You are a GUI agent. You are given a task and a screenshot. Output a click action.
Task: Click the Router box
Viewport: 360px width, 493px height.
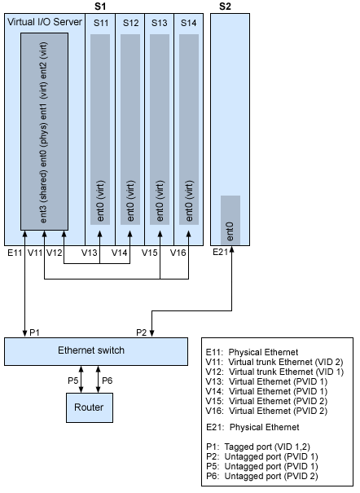coord(88,406)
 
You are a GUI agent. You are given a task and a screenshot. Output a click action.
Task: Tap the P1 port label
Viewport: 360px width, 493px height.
coord(34,332)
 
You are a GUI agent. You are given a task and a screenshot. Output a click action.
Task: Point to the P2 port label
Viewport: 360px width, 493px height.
coord(141,332)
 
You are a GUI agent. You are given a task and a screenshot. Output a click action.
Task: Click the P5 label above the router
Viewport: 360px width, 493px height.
coord(72,379)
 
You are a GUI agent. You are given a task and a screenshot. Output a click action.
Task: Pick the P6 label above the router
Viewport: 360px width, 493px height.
coord(107,379)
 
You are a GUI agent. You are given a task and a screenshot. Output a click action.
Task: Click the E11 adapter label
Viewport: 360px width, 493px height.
coord(15,253)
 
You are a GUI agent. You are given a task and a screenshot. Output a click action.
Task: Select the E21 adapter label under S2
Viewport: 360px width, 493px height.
coord(222,253)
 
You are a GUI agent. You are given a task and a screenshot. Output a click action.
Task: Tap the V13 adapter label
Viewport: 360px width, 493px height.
coord(90,253)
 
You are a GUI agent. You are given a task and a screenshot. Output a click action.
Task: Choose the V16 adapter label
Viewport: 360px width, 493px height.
coord(179,253)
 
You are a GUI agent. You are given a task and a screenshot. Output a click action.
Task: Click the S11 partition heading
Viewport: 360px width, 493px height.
coord(100,23)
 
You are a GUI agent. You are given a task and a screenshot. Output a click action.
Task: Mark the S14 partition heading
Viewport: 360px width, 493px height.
coord(188,23)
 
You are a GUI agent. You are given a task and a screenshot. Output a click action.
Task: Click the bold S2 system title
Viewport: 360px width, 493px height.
coord(226,7)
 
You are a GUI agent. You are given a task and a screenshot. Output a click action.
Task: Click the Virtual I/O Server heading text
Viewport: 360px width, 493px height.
coord(44,22)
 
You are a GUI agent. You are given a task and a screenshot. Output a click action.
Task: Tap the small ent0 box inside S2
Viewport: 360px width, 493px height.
coord(230,219)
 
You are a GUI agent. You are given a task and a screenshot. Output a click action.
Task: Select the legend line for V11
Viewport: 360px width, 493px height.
coord(265,362)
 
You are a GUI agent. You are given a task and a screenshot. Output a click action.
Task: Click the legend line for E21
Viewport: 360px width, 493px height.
coord(253,427)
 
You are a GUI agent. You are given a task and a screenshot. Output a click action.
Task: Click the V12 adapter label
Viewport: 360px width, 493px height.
coord(55,253)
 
